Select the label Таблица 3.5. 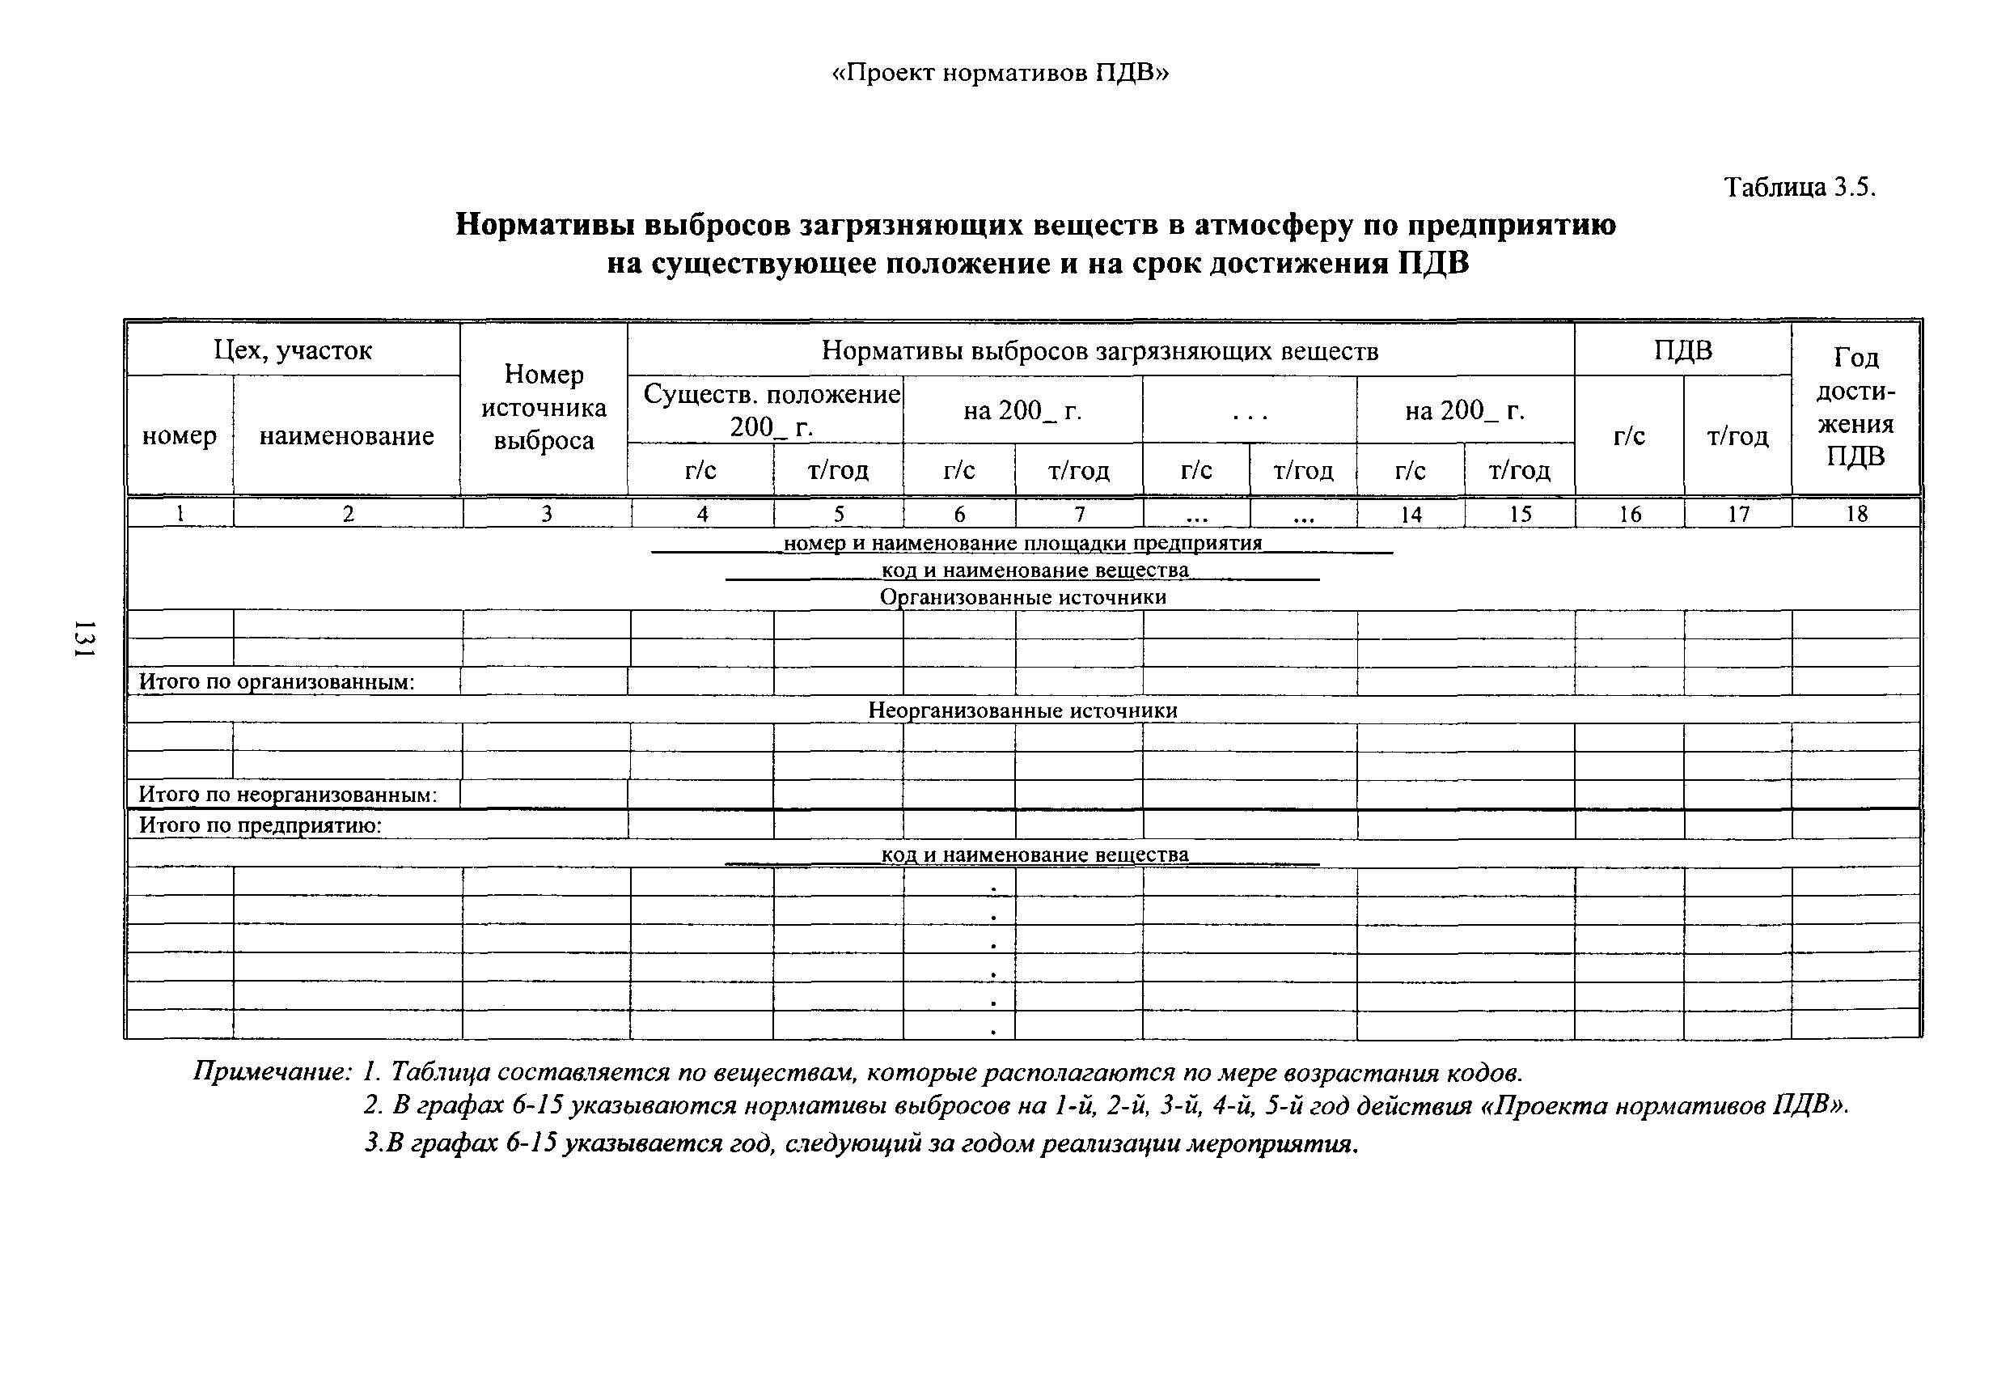[1799, 187]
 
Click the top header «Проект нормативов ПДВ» [1000, 73]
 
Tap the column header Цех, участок [293, 350]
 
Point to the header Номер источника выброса [544, 408]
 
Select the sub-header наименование [347, 436]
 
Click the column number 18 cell [1855, 514]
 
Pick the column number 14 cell [1411, 514]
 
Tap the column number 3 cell [547, 514]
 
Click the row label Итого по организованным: [277, 682]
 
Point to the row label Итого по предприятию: [260, 825]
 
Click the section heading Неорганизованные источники [1022, 710]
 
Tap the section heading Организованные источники [1022, 597]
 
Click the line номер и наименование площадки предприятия [1022, 544]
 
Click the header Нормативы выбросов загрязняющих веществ [1100, 350]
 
